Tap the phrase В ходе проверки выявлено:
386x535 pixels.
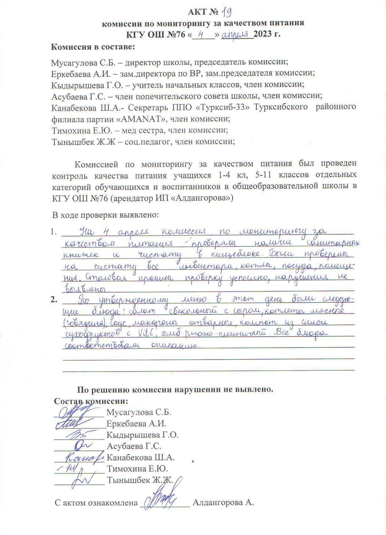point(106,215)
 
